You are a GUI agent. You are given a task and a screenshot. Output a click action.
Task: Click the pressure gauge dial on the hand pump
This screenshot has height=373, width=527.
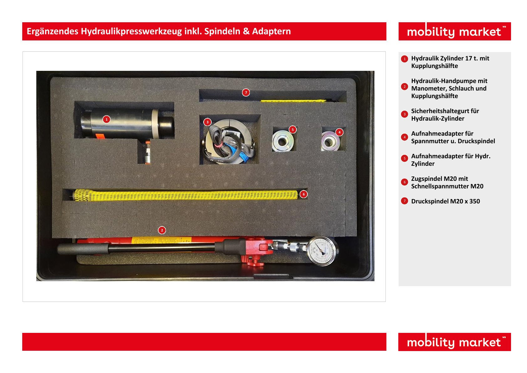[322, 251]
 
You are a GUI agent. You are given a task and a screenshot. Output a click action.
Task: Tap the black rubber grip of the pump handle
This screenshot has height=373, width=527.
[83, 250]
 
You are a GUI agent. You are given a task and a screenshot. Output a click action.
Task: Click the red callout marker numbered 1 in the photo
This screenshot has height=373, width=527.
[106, 119]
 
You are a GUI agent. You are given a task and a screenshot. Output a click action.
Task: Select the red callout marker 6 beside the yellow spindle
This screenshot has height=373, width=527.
[303, 194]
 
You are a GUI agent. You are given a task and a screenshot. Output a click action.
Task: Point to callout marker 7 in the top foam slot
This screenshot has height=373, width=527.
[246, 92]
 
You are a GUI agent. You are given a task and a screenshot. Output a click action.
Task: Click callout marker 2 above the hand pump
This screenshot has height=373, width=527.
[162, 230]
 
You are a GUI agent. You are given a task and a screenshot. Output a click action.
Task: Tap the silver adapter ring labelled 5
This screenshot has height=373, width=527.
[283, 141]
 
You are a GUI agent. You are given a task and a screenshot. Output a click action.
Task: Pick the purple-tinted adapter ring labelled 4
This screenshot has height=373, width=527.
[330, 142]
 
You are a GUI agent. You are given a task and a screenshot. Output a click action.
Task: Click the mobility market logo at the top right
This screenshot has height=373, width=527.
[454, 32]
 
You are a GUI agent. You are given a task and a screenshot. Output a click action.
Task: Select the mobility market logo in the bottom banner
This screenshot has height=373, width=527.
[454, 342]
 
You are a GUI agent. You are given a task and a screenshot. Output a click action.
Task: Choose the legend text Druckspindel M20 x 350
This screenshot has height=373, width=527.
[445, 201]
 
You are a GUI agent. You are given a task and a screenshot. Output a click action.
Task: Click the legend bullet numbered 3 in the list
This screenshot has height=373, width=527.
[404, 114]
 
